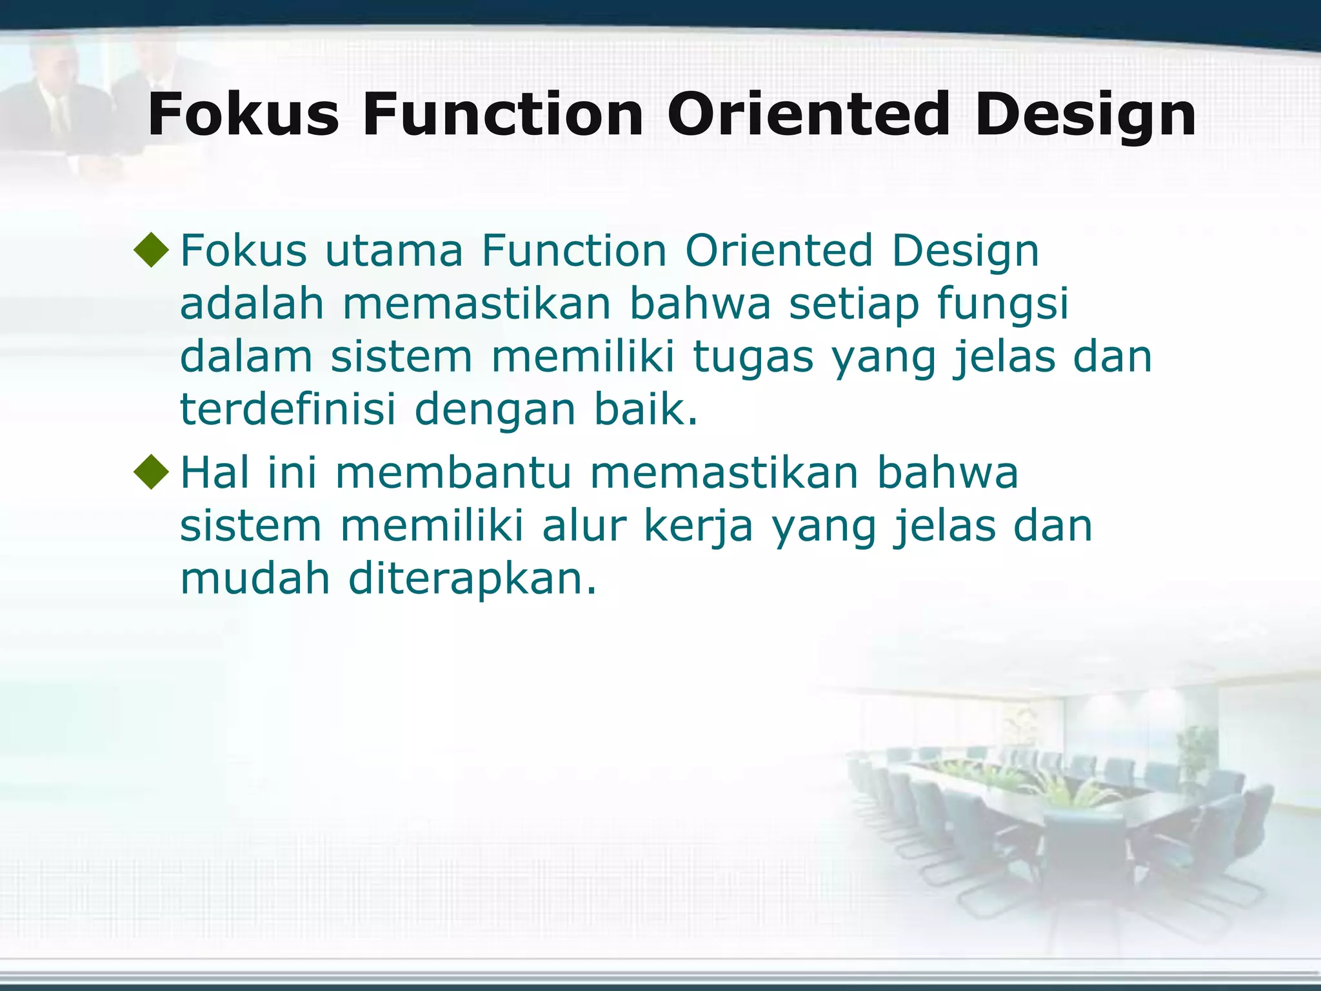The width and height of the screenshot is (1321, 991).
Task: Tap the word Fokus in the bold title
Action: click(x=243, y=115)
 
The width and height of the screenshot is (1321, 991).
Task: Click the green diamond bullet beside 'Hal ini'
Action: click(x=152, y=472)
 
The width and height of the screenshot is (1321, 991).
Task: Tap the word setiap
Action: click(x=853, y=305)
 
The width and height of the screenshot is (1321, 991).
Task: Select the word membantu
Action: click(x=453, y=472)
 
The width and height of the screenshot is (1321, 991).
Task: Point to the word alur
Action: click(x=584, y=526)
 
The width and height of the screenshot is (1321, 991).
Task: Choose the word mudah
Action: click(x=255, y=578)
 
